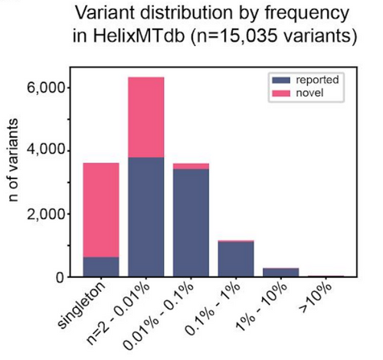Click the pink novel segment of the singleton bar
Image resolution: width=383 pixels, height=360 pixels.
pyautogui.click(x=101, y=210)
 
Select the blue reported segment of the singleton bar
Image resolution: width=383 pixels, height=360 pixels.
pyautogui.click(x=101, y=267)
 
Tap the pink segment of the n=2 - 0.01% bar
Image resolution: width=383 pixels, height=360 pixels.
pyautogui.click(x=146, y=117)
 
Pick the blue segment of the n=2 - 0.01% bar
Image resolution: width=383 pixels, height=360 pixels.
pyautogui.click(x=146, y=217)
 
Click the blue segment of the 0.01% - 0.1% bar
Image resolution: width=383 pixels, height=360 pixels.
pyautogui.click(x=191, y=223)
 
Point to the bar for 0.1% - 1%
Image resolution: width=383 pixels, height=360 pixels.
pyautogui.click(x=236, y=259)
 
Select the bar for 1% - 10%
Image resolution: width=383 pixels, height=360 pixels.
pyautogui.click(x=281, y=273)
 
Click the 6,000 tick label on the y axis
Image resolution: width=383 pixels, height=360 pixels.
pyautogui.click(x=46, y=88)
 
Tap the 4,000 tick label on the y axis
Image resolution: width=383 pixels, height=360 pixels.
pyautogui.click(x=46, y=151)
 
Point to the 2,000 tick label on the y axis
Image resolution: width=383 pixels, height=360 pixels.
pyautogui.click(x=46, y=214)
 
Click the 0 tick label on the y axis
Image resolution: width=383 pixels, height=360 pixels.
pyautogui.click(x=61, y=277)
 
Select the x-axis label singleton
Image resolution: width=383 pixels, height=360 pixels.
pyautogui.click(x=81, y=305)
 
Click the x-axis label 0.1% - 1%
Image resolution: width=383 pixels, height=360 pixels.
pyautogui.click(x=213, y=308)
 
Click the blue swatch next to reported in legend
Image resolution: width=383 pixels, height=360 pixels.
pyautogui.click(x=281, y=80)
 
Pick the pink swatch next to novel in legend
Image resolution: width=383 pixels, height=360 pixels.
pyautogui.click(x=281, y=93)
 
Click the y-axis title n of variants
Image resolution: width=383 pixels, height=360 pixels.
pyautogui.click(x=13, y=160)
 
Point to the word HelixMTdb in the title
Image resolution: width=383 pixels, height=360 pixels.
pyautogui.click(x=139, y=36)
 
